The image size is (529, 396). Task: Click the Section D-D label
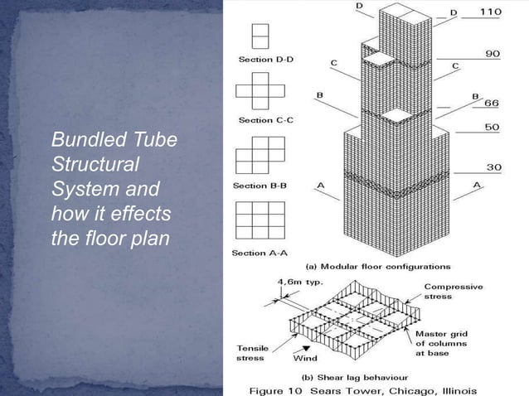(x=261, y=60)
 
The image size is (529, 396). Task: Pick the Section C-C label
(x=261, y=120)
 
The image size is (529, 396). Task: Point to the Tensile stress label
(x=251, y=353)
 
